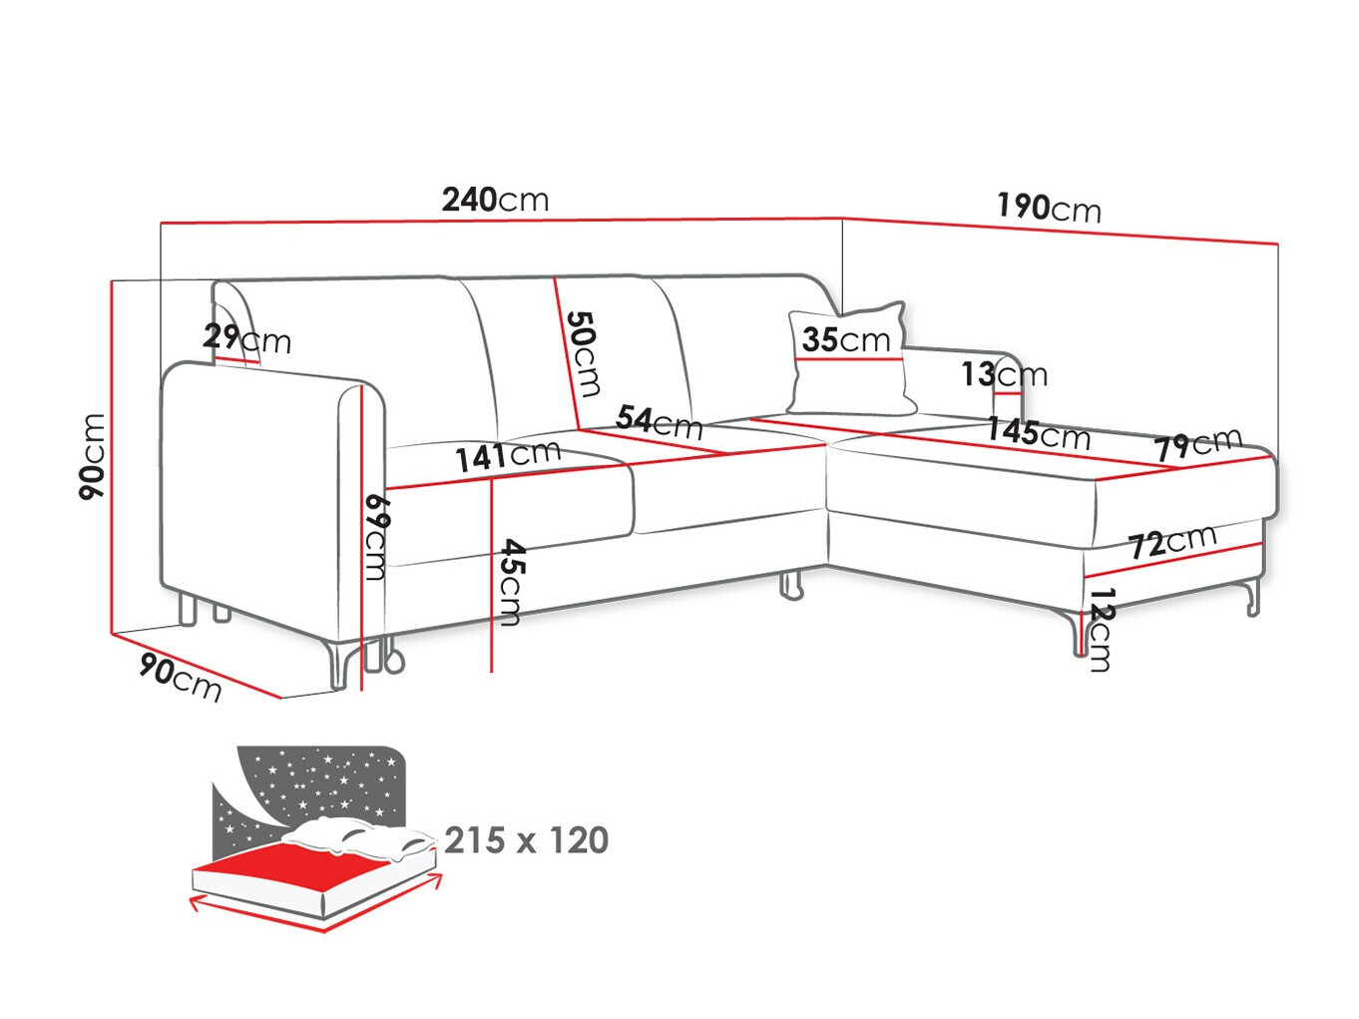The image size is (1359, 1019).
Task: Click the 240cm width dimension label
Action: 495,200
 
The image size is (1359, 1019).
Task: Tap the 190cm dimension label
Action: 1049,208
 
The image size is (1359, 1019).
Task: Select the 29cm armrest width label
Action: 246,339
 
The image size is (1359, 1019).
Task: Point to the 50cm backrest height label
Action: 584,353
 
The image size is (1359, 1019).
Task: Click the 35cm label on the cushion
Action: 846,339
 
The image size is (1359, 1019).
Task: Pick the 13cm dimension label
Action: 1004,374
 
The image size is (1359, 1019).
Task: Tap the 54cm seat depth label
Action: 660,422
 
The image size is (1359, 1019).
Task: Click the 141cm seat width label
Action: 508,455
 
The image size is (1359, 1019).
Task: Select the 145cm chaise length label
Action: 1039,433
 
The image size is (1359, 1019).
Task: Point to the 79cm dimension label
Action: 1197,443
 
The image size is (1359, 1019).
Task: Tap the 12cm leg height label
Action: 1101,630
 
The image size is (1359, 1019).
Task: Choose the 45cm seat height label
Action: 511,582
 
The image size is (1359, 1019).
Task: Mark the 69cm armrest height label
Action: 376,537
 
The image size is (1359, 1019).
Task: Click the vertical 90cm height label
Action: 93,457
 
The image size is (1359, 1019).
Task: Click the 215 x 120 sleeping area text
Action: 526,840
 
